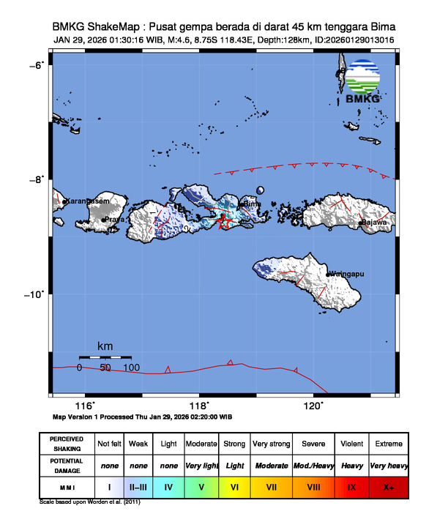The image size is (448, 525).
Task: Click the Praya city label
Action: (115, 218)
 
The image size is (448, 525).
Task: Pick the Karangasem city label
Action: (87, 201)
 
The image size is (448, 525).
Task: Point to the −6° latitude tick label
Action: (35, 65)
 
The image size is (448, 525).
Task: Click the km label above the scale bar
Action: (105, 346)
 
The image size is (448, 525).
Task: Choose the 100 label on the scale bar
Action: (132, 368)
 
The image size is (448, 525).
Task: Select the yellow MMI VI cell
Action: (234, 485)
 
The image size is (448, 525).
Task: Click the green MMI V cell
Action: (201, 485)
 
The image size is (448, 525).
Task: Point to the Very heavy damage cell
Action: (388, 465)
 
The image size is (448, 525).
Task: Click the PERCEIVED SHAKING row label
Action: (67, 444)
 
